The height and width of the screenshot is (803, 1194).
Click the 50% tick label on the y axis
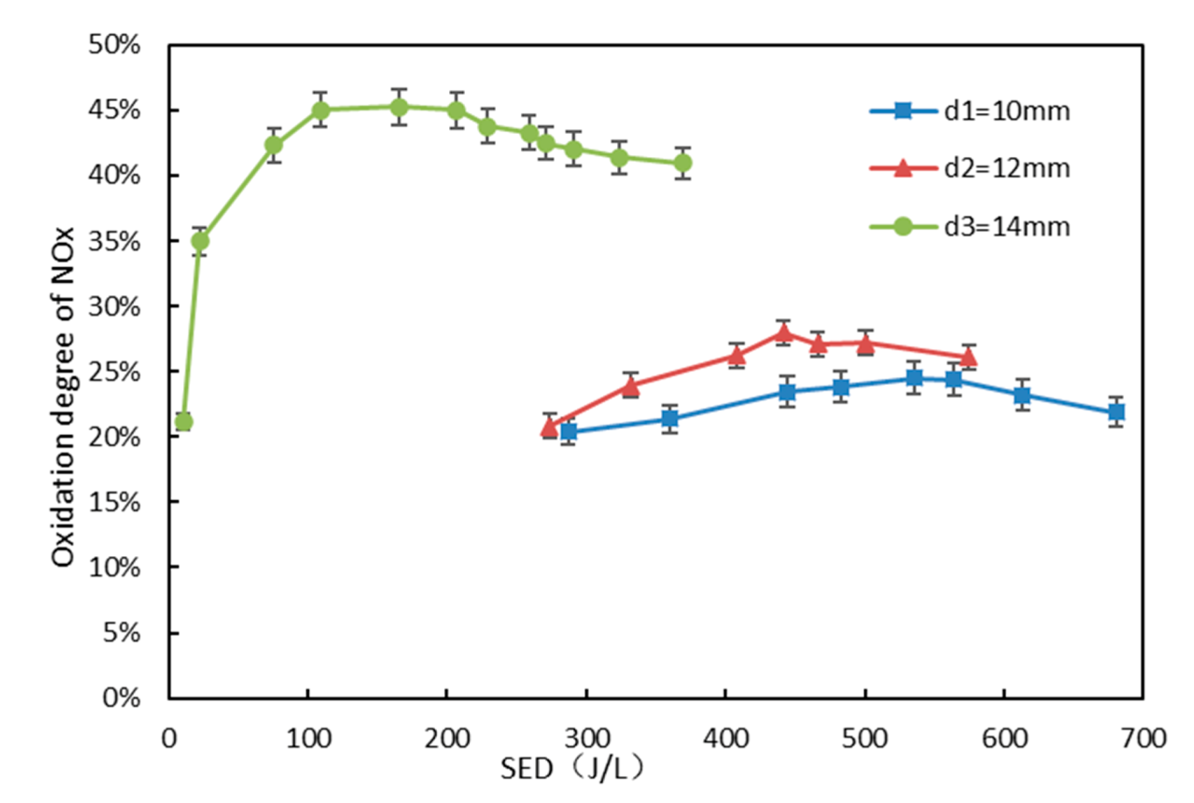point(115,45)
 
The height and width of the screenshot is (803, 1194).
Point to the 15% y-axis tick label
point(115,502)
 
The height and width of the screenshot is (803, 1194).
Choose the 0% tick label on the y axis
point(121,698)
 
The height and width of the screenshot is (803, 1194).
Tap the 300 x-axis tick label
point(586,738)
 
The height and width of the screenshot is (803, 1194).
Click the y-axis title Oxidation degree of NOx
point(63,397)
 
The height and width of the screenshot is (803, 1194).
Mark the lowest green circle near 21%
point(184,421)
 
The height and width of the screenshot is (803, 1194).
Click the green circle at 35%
point(200,240)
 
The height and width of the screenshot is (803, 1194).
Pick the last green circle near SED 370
point(682,162)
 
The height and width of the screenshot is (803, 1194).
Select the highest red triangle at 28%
point(784,333)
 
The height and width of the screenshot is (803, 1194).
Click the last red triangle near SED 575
point(969,358)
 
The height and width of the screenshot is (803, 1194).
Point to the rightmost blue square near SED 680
point(1116,412)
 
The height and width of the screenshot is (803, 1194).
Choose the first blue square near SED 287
point(568,431)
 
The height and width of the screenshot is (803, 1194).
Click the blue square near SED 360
point(670,418)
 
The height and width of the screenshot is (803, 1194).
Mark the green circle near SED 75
point(273,144)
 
